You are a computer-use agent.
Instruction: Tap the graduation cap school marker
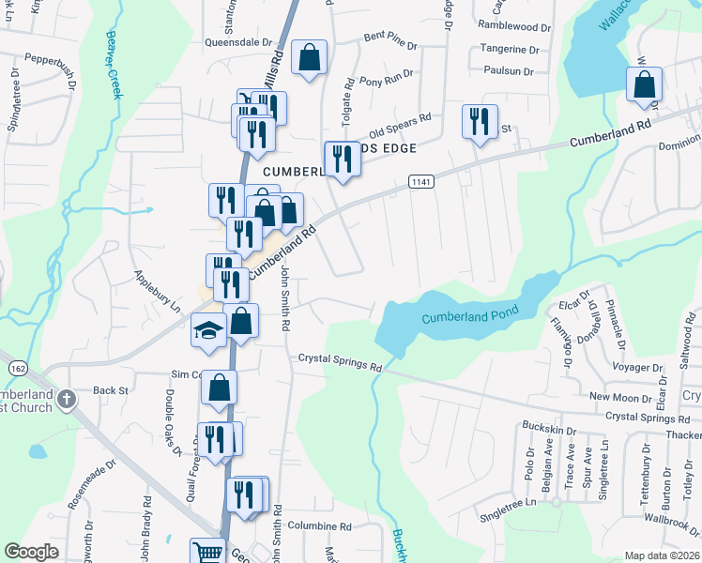[x=208, y=329]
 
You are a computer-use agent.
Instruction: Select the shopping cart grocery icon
[x=206, y=552]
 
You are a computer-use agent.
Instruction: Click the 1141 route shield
[x=420, y=181]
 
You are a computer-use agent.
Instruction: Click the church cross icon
[x=66, y=399]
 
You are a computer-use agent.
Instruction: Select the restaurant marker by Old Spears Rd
[x=480, y=121]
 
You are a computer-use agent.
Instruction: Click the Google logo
[x=31, y=552]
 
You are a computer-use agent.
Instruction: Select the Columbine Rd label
[x=319, y=526]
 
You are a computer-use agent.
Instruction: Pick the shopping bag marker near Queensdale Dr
[x=309, y=57]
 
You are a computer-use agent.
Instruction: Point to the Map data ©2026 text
[x=661, y=555]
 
